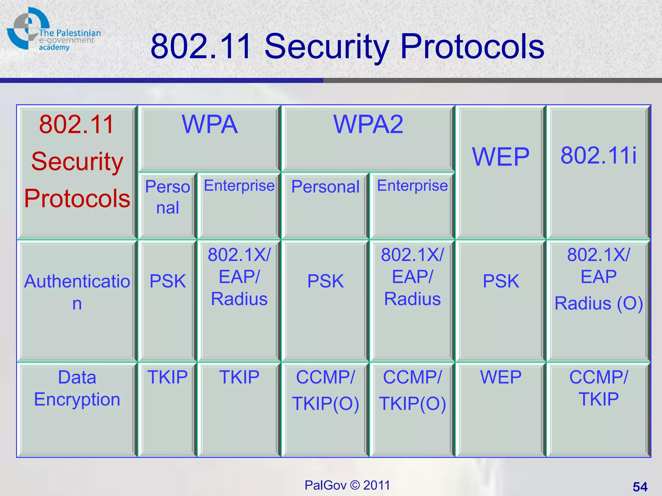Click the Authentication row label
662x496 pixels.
(x=77, y=292)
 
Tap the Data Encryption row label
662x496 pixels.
(x=77, y=388)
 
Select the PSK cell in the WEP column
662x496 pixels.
(x=501, y=281)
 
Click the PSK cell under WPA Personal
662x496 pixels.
(x=167, y=281)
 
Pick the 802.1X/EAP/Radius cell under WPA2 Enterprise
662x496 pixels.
(x=412, y=277)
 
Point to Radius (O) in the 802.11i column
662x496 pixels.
(x=599, y=304)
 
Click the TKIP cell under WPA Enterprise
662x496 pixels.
(x=239, y=377)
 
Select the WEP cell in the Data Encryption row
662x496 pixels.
(x=501, y=377)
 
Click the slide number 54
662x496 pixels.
(x=640, y=487)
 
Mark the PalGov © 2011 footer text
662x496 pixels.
(x=347, y=485)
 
